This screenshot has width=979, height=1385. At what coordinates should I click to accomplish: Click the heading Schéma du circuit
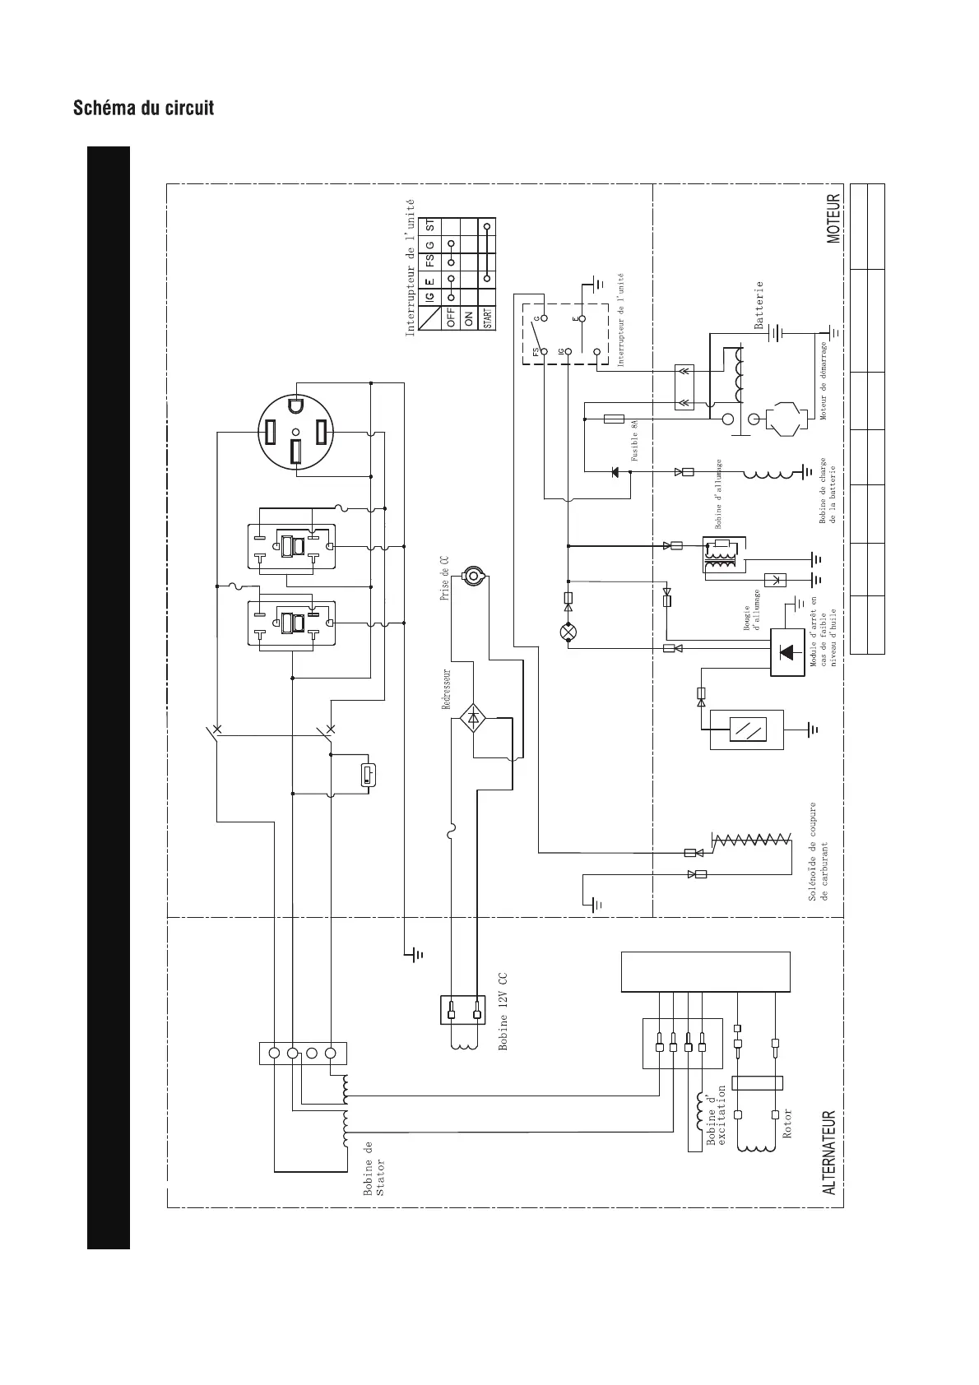coord(144,108)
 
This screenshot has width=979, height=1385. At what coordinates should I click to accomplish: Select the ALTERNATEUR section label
coord(830,1152)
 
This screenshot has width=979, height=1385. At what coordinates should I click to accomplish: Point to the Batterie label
coord(759,305)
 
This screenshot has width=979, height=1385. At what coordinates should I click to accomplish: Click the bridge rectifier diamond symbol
coord(473,717)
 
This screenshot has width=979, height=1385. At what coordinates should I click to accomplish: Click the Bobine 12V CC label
coord(503,1012)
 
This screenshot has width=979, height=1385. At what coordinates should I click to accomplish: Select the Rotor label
coord(787,1123)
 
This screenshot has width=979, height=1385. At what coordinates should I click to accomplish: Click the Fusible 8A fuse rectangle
coord(614,419)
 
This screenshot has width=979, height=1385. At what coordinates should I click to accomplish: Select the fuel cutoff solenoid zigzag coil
coord(752,841)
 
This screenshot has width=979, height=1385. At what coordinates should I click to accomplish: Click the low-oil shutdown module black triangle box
coord(787,652)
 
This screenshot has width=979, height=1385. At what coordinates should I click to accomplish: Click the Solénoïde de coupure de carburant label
coord(819,851)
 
